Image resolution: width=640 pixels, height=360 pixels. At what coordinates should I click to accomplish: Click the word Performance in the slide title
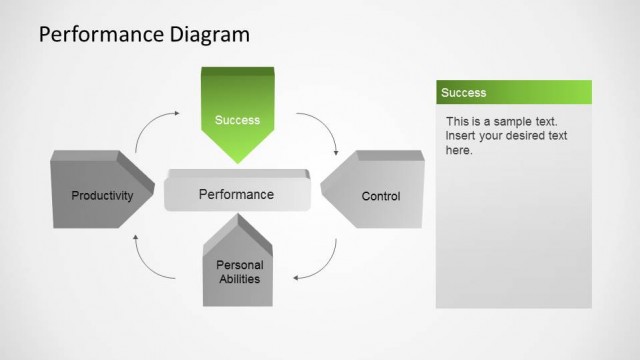(88, 36)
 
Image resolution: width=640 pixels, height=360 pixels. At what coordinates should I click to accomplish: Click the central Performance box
(236, 195)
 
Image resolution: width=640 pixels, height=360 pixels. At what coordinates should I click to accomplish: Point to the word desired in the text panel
(536, 135)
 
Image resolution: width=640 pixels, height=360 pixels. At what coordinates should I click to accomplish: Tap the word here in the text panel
(458, 150)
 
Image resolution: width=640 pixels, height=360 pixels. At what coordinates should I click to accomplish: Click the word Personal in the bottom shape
(239, 265)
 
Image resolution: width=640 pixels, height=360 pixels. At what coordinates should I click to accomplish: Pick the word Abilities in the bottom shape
(239, 278)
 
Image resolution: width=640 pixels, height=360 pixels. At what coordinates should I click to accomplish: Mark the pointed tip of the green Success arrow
(237, 161)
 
